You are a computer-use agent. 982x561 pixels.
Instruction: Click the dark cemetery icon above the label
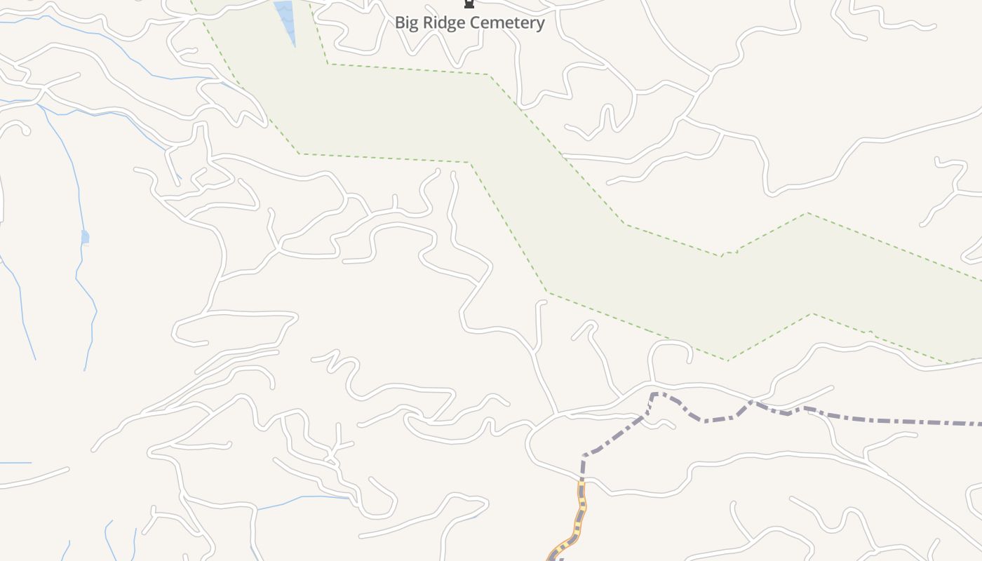pyautogui.click(x=469, y=4)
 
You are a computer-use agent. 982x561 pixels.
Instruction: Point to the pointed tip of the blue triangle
pyautogui.click(x=295, y=46)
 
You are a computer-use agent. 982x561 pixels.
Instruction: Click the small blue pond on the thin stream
pyautogui.click(x=85, y=237)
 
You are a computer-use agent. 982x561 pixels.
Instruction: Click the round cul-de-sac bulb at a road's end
pyautogui.click(x=25, y=130)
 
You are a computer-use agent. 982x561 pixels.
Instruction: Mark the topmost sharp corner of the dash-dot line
pyautogui.click(x=654, y=394)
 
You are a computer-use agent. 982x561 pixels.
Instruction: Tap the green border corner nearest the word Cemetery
pyautogui.click(x=489, y=74)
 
